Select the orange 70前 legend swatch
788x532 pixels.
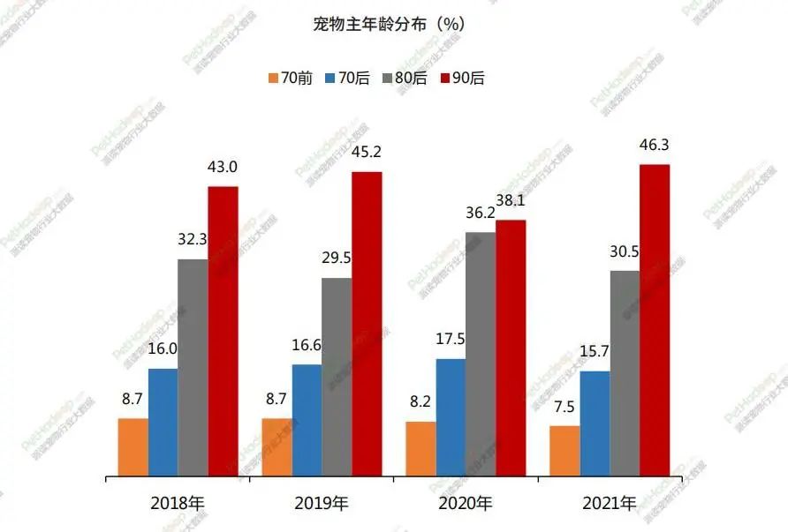click(x=273, y=79)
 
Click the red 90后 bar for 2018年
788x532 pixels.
click(x=223, y=332)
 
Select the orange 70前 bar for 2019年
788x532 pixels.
click(x=277, y=447)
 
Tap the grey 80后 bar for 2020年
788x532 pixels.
click(x=481, y=355)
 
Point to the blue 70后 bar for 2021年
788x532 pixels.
click(x=595, y=424)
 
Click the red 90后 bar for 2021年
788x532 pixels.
click(x=655, y=321)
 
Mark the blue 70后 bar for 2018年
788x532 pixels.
click(x=163, y=423)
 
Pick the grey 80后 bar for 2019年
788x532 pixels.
click(x=337, y=378)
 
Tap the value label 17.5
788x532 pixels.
click(x=451, y=339)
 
